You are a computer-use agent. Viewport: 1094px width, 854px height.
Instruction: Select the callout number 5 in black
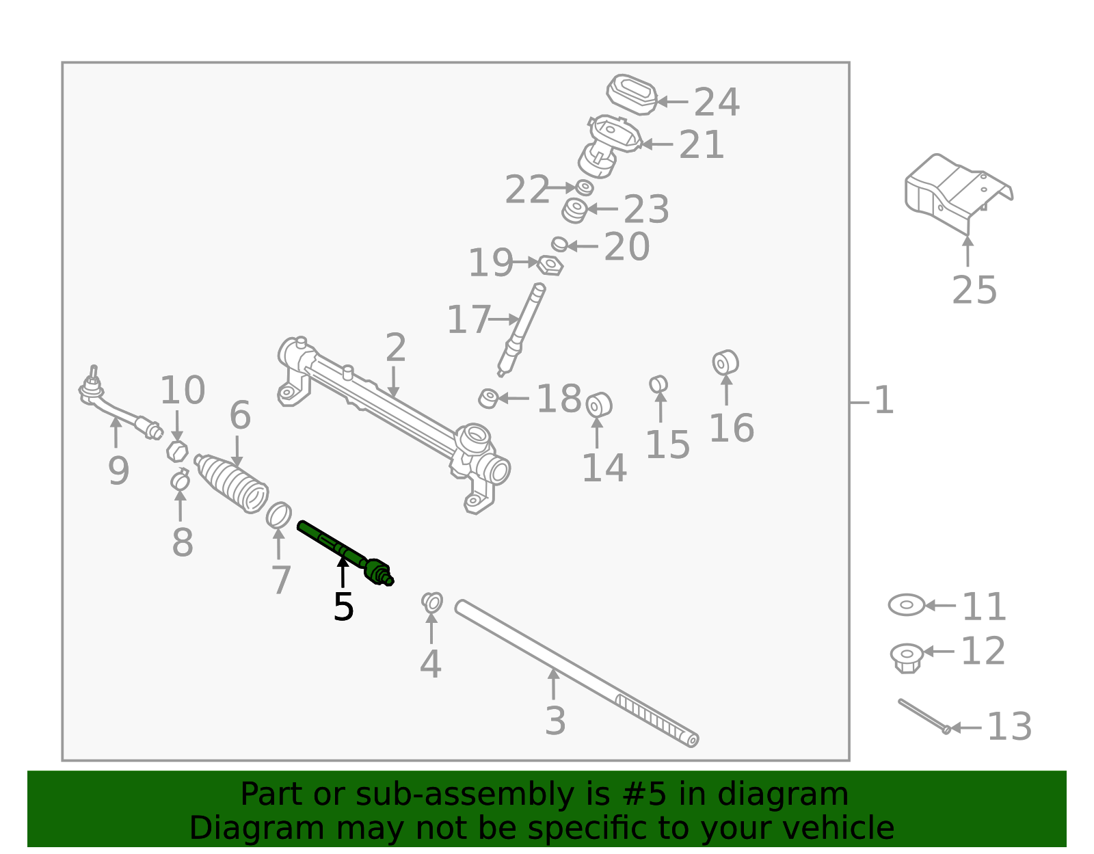pyautogui.click(x=343, y=607)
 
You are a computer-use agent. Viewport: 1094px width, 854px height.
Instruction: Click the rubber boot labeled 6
pyautogui.click(x=232, y=483)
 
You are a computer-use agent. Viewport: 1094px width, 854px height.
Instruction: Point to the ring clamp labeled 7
pyautogui.click(x=278, y=515)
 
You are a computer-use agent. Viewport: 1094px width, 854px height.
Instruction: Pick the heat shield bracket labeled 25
pyautogui.click(x=957, y=191)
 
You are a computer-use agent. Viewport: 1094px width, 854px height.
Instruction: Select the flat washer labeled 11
pyautogui.click(x=906, y=605)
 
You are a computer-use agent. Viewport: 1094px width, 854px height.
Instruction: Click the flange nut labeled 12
pyautogui.click(x=907, y=657)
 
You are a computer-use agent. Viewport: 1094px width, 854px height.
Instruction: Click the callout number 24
pyautogui.click(x=717, y=103)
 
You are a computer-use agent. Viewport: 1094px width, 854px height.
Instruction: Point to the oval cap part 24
pyautogui.click(x=632, y=94)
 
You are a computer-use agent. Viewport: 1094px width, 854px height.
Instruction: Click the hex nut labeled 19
pyautogui.click(x=550, y=265)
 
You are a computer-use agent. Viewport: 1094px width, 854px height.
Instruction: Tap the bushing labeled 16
pyautogui.click(x=725, y=362)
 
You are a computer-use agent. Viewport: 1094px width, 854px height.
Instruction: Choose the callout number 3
pyautogui.click(x=555, y=721)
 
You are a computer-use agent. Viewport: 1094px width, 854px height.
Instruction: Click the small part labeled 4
pyautogui.click(x=432, y=602)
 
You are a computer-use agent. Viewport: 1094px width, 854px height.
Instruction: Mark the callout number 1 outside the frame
pyautogui.click(x=884, y=401)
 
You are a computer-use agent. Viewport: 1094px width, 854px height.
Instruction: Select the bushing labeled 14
pyautogui.click(x=598, y=405)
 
